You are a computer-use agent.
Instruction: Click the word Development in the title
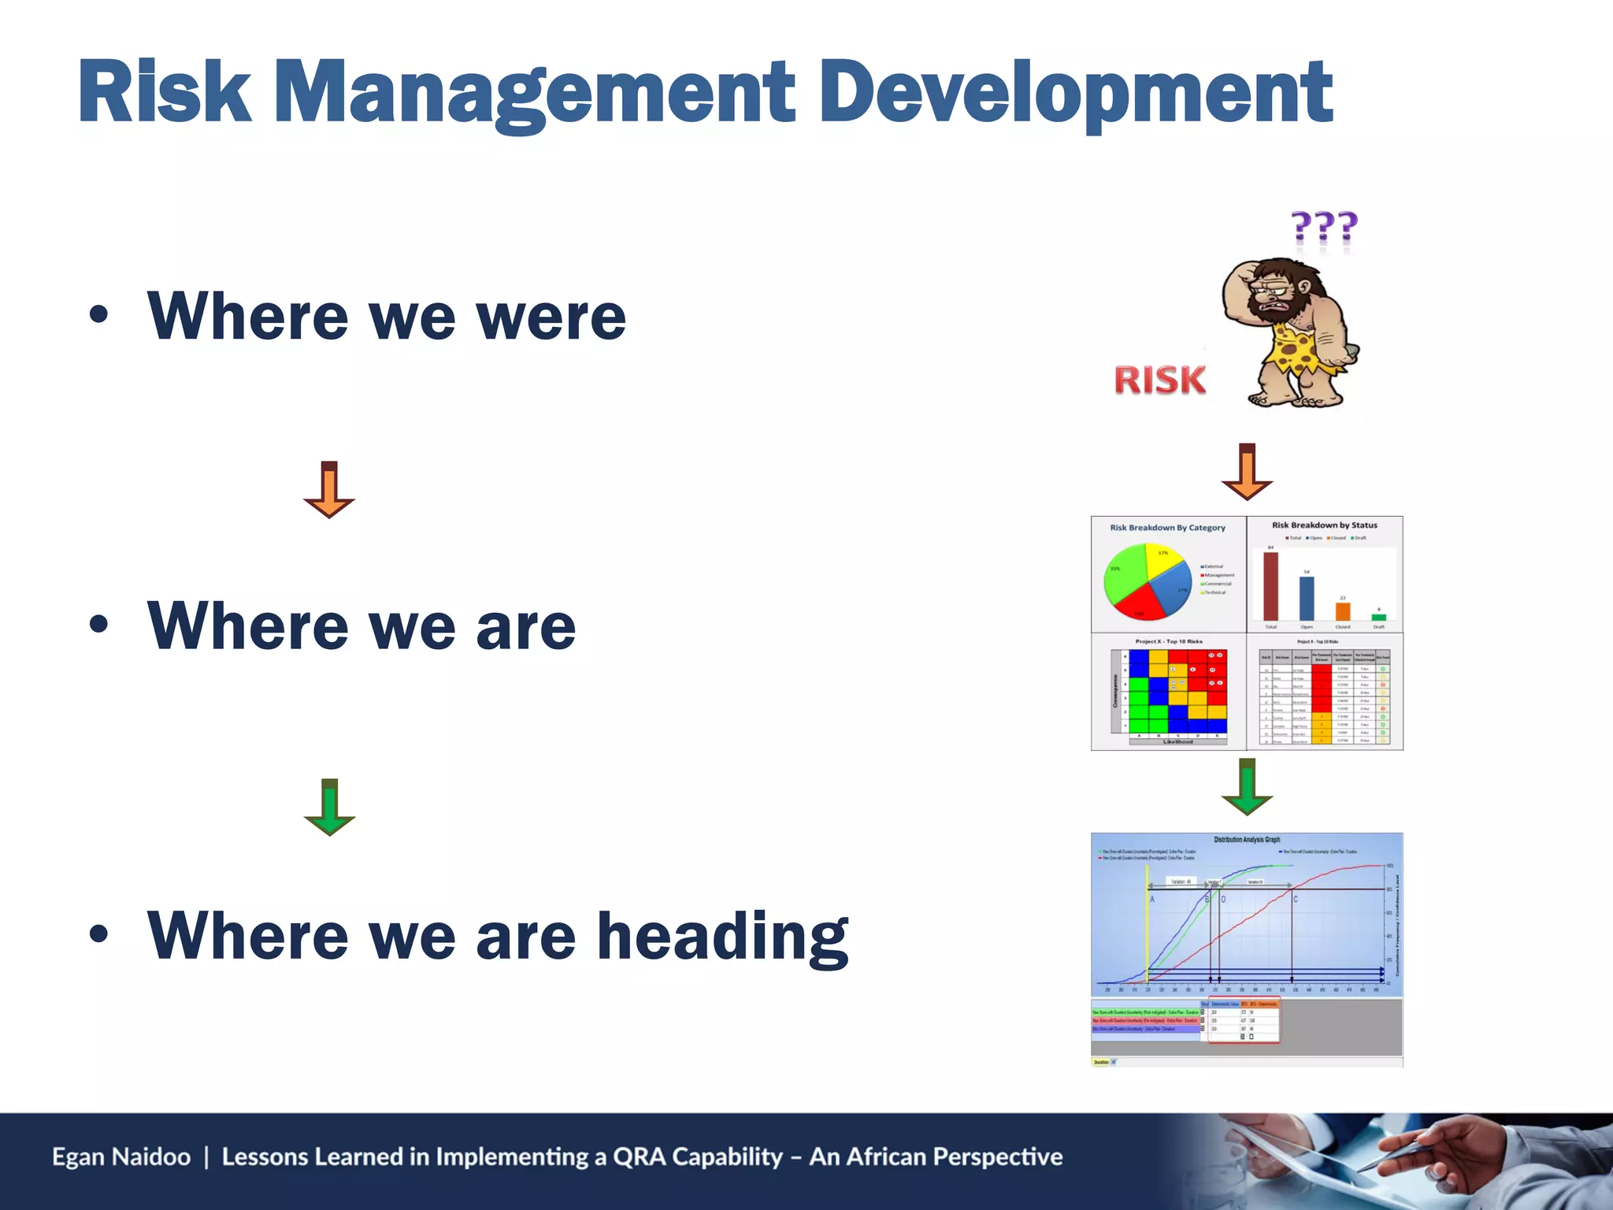1075,93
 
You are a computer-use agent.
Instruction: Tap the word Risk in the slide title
164,93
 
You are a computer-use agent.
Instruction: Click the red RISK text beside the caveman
1159,380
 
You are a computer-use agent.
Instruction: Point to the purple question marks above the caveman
1325,228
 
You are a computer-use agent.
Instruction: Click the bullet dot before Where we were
98,315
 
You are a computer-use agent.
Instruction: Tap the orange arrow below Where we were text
329,490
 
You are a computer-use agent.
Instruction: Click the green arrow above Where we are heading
329,807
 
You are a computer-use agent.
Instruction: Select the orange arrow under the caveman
1247,472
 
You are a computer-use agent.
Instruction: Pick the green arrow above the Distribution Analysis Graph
1247,787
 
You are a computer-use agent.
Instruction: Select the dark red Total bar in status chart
1270,586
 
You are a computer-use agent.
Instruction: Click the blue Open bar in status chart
1307,599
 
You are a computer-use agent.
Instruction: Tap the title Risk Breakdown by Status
1324,525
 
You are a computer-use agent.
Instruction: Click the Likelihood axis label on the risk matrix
1177,741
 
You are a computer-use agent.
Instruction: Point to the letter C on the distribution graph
1296,899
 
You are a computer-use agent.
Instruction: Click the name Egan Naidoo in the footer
121,1156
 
